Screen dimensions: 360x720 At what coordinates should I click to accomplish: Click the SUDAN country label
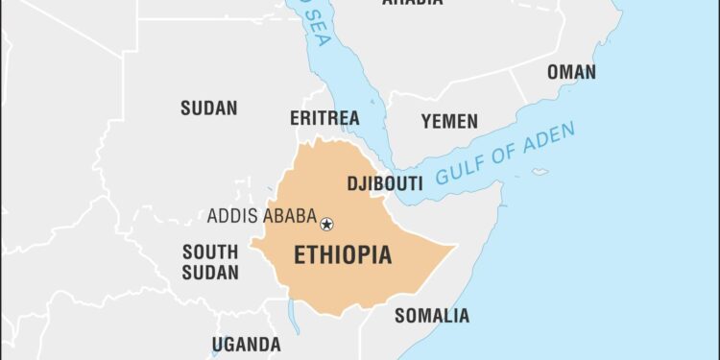[x=208, y=108]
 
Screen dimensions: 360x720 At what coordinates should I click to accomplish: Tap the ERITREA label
[x=324, y=118]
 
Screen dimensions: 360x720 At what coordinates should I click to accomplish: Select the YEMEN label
[x=448, y=121]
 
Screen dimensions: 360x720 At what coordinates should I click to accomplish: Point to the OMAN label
[x=571, y=72]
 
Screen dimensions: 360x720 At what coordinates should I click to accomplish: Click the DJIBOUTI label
[x=384, y=183]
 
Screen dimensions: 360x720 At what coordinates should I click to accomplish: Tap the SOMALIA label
[x=432, y=315]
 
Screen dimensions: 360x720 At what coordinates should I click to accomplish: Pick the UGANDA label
[x=247, y=344]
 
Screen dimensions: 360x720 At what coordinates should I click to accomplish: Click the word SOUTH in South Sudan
[x=210, y=252]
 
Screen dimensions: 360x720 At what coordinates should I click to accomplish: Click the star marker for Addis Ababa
[x=326, y=224]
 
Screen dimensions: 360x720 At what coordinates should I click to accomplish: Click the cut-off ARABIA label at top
[x=412, y=3]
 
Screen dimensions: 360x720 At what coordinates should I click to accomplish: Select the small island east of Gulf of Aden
[x=540, y=173]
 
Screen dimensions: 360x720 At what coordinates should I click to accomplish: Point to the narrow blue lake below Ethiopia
[x=295, y=317]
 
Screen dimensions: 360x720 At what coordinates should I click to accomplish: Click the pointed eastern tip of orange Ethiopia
[x=454, y=247]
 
